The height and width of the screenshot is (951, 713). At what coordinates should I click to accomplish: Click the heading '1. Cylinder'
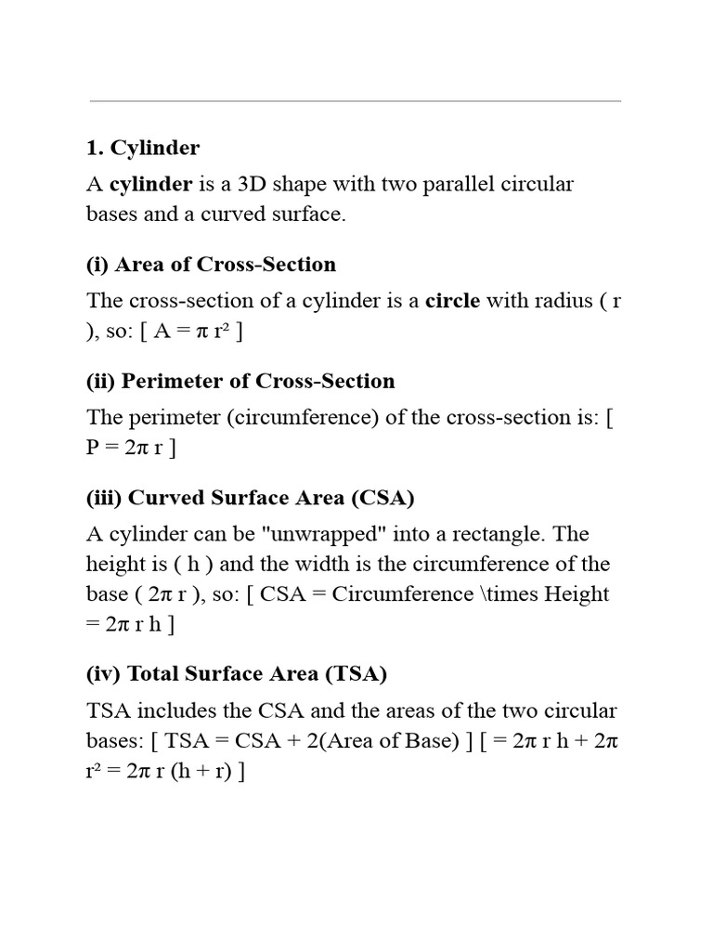click(143, 148)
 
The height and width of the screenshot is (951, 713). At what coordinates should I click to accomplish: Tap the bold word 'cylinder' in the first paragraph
click(152, 183)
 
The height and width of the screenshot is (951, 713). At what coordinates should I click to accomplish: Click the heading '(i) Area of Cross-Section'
click(211, 265)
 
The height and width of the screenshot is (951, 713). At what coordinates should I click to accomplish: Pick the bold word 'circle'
click(452, 300)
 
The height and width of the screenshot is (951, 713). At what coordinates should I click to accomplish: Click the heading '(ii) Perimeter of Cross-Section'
click(240, 381)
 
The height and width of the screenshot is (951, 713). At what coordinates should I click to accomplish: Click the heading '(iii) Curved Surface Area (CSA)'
click(251, 498)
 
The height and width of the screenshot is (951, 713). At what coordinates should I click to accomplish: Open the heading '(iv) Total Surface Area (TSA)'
click(236, 673)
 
